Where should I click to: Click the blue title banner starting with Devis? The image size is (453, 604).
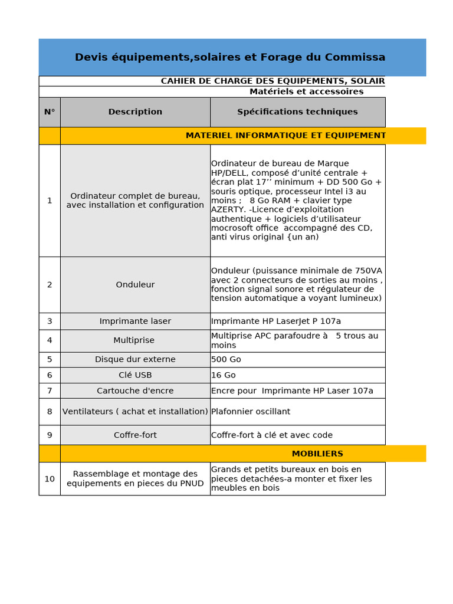(230, 57)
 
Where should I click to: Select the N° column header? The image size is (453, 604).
(50, 112)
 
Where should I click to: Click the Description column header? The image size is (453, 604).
(135, 112)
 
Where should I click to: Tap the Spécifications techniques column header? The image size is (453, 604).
(297, 112)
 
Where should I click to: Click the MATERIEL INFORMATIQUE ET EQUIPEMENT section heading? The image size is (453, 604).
(285, 136)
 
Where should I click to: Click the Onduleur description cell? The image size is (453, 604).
(135, 285)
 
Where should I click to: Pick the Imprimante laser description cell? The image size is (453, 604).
(135, 321)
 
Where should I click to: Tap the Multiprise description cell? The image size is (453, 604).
(135, 341)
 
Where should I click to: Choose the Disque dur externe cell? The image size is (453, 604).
(135, 360)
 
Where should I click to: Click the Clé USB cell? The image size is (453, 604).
(135, 375)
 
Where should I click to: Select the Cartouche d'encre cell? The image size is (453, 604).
(135, 391)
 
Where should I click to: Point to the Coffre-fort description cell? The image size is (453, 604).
(135, 435)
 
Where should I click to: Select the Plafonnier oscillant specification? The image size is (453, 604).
(251, 412)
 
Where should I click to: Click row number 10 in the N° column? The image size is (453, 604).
(50, 479)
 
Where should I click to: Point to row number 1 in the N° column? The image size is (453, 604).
(50, 201)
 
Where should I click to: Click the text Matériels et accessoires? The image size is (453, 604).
(306, 92)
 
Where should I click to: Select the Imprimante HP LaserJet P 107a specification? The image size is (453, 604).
(276, 321)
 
